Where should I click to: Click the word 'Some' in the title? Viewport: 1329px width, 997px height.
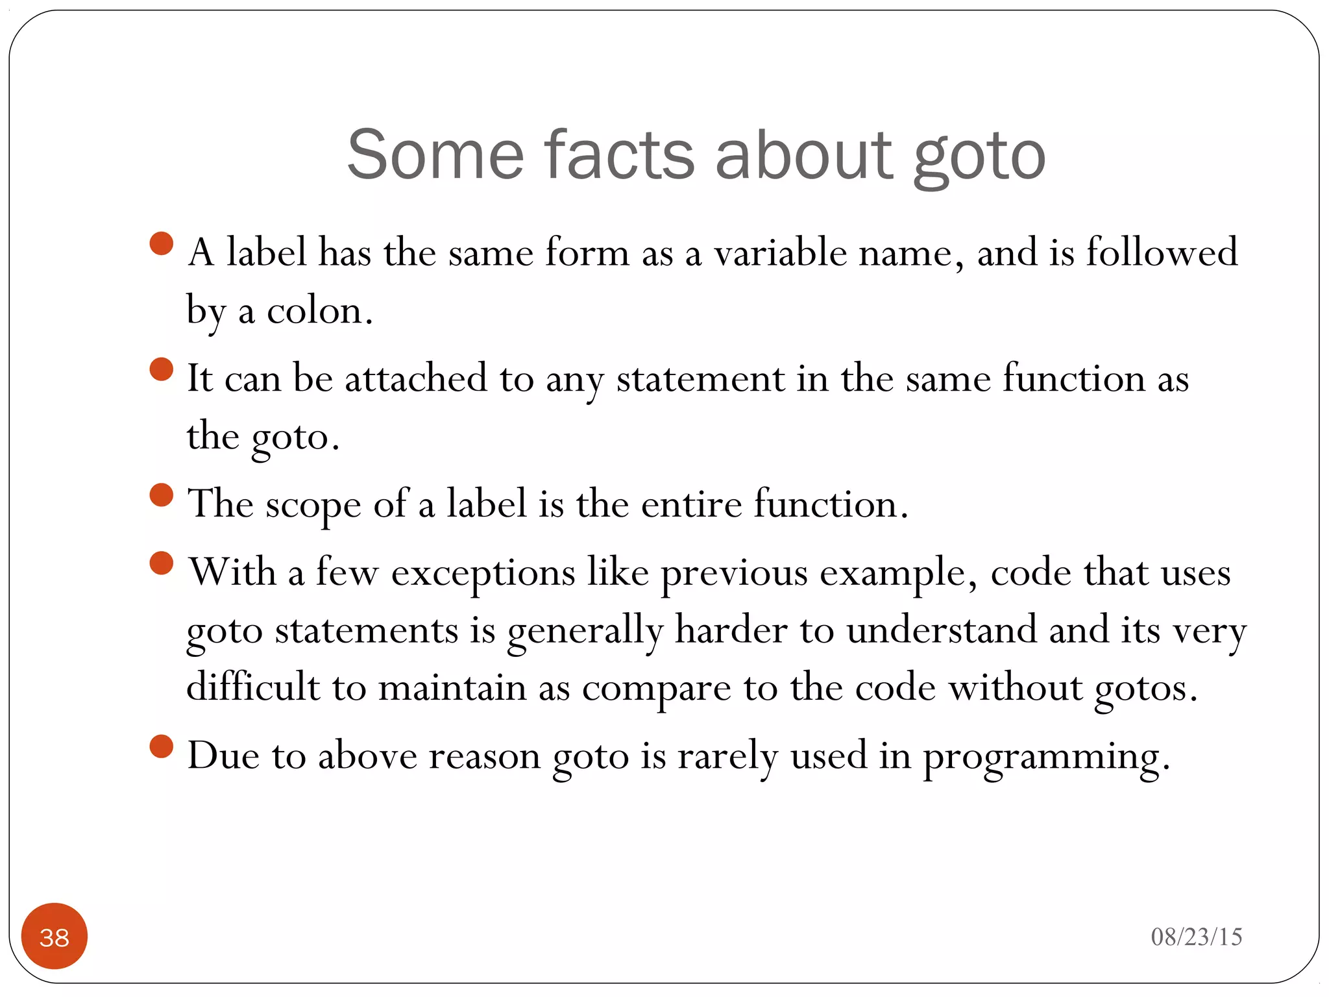[435, 156]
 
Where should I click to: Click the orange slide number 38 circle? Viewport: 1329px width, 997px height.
[55, 936]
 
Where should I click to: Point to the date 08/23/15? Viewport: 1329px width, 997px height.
[1196, 937]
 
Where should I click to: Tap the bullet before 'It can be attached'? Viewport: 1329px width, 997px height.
[161, 369]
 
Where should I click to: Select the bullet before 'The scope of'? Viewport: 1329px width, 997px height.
[161, 495]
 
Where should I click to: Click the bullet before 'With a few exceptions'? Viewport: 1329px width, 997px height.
[161, 563]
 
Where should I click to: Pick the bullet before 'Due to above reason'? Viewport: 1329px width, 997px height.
[161, 746]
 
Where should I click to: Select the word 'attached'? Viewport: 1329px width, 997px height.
[415, 378]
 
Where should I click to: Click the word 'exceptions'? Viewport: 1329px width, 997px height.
[483, 573]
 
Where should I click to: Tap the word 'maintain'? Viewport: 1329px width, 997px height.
[452, 687]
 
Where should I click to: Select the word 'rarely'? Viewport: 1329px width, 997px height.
[727, 757]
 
